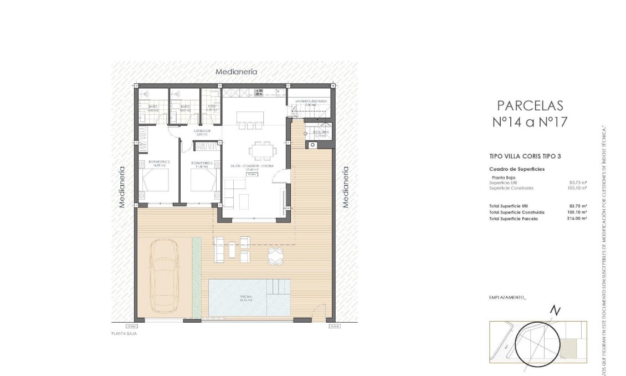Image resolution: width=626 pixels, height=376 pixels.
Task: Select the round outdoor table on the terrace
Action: click(x=275, y=255)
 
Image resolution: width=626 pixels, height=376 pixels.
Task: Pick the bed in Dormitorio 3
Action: click(x=203, y=179)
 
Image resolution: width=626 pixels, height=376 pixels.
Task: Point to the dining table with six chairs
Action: click(x=260, y=150)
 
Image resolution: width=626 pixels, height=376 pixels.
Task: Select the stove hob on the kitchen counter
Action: click(x=259, y=92)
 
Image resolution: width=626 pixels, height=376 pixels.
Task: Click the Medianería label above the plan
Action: click(x=237, y=72)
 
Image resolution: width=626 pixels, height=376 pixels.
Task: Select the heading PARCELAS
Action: click(x=530, y=105)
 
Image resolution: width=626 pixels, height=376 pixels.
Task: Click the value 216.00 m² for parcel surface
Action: click(x=577, y=219)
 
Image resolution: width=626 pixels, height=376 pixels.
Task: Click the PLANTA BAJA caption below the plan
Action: click(x=124, y=334)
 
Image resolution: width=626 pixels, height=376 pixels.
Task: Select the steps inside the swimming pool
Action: click(x=279, y=287)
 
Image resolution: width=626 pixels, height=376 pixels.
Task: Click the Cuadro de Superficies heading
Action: click(x=517, y=169)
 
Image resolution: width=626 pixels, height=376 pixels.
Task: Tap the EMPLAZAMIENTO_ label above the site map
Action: click(x=508, y=297)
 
